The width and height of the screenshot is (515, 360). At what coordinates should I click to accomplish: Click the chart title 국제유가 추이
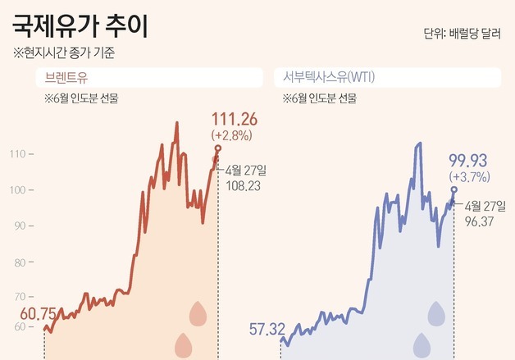(x=80, y=28)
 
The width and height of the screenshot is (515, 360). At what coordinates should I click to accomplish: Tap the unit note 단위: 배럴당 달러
(x=462, y=34)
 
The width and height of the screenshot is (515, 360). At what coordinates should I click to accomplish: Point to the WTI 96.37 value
(x=481, y=221)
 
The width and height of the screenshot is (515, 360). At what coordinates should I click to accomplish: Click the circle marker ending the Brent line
(x=217, y=148)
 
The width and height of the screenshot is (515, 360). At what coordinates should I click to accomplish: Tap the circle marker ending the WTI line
(x=453, y=189)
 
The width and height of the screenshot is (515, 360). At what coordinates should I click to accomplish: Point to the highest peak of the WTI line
(x=420, y=144)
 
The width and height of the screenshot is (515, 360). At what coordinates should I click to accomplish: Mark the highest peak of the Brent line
(x=177, y=123)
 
